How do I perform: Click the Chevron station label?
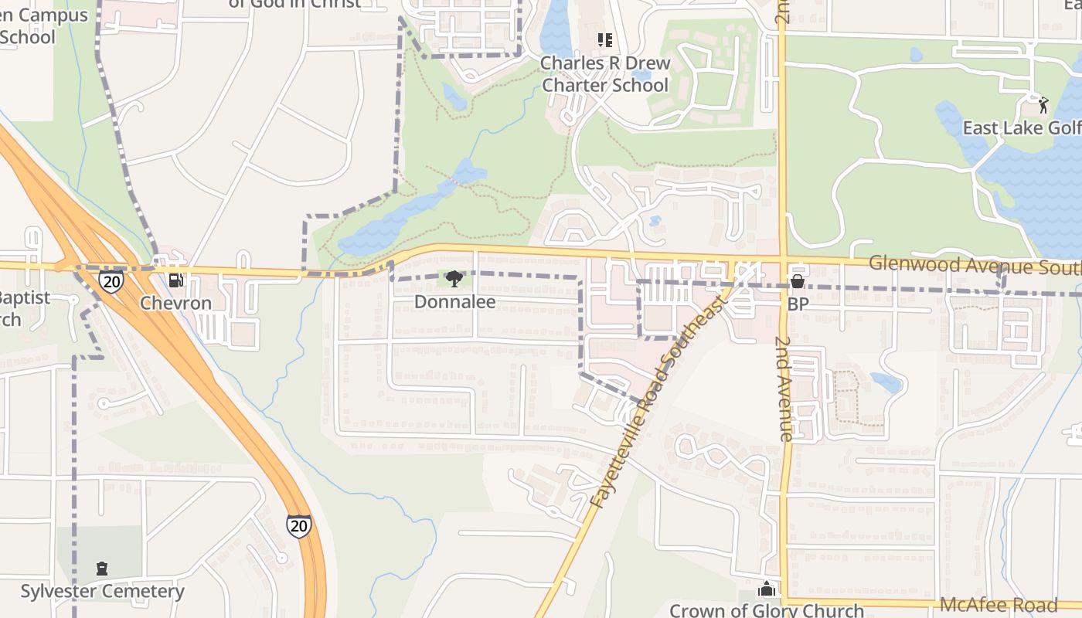[x=175, y=303]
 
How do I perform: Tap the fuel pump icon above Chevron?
[x=176, y=280]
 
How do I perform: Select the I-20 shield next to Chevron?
[x=111, y=281]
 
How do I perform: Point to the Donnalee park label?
[x=454, y=302]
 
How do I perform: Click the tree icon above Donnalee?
[x=454, y=278]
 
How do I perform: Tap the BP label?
[x=798, y=304]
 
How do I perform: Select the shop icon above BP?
[x=797, y=281]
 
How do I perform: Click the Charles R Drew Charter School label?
[x=605, y=74]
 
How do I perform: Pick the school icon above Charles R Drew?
[x=604, y=39]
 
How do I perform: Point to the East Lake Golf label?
[x=1020, y=128]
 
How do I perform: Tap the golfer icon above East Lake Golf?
[x=1043, y=104]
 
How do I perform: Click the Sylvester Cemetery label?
[x=102, y=592]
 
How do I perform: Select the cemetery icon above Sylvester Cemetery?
[x=102, y=569]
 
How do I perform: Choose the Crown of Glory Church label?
[x=767, y=610]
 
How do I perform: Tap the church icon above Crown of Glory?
[x=767, y=589]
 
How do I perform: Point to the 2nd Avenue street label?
[x=785, y=389]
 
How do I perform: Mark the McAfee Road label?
[x=998, y=605]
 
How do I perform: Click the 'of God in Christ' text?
[x=294, y=4]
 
